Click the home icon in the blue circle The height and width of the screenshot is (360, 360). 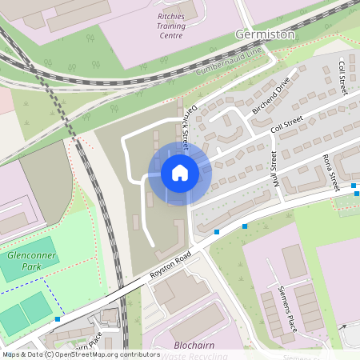pyautogui.click(x=179, y=173)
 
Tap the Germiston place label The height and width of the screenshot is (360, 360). pyautogui.click(x=266, y=34)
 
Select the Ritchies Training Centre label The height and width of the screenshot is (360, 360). pyautogui.click(x=171, y=25)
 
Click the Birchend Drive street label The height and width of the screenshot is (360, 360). pyautogui.click(x=271, y=98)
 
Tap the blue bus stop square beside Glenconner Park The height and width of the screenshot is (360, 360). pyautogui.click(x=58, y=318)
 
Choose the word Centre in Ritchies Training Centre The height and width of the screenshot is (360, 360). pyautogui.click(x=171, y=35)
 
